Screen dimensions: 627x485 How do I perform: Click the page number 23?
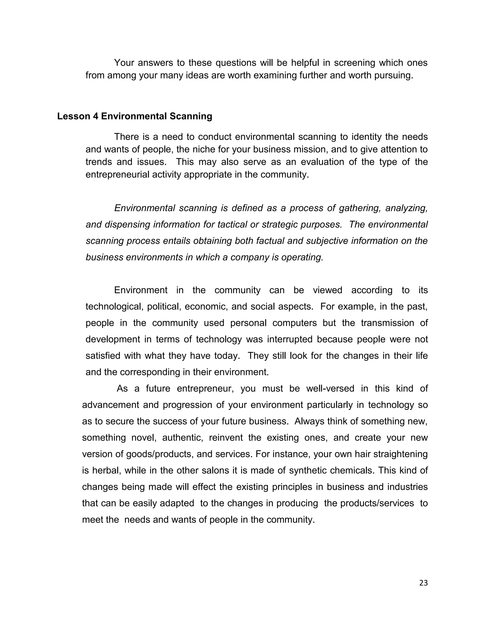423,583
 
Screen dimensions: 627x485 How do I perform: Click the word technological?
114,307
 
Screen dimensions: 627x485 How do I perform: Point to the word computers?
295,323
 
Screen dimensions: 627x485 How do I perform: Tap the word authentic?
183,437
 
